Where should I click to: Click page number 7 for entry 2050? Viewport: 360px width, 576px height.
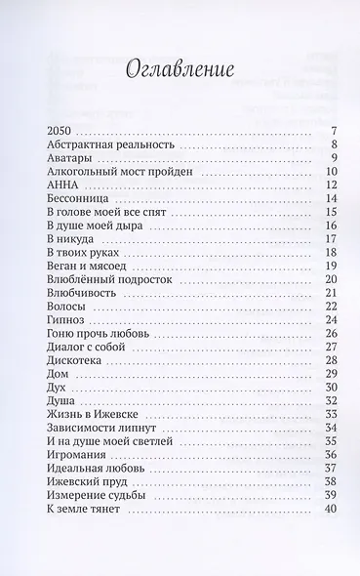(333, 131)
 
